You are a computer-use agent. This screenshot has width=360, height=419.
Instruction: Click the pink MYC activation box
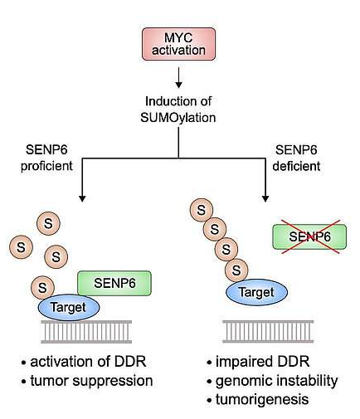click(178, 44)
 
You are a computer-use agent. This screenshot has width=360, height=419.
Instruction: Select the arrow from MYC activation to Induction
click(178, 78)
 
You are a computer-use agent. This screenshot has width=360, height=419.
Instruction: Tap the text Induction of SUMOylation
click(178, 110)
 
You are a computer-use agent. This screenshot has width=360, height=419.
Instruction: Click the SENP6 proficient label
click(46, 158)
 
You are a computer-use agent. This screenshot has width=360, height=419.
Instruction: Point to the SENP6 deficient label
click(296, 158)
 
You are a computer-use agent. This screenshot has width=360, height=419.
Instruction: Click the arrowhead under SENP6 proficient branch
click(82, 198)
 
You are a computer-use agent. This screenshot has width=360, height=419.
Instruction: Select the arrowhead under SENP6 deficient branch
click(265, 198)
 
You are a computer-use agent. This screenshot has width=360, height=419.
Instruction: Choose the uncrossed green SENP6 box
click(114, 283)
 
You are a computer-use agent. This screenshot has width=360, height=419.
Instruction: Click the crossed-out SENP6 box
click(309, 236)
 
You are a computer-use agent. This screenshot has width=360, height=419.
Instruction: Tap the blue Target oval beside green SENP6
click(69, 307)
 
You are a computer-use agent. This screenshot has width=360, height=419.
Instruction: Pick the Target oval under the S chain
click(257, 292)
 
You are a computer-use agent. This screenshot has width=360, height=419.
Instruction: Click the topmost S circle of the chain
click(202, 210)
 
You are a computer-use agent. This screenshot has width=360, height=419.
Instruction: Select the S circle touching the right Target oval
click(236, 270)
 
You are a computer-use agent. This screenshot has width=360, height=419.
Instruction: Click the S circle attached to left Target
click(42, 288)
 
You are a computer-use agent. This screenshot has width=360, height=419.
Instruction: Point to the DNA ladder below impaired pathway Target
click(268, 331)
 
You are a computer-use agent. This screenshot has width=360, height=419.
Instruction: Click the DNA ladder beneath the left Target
click(86, 332)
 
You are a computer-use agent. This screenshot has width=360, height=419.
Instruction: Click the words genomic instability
click(276, 381)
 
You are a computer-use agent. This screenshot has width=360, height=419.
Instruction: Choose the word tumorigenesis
click(262, 400)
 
